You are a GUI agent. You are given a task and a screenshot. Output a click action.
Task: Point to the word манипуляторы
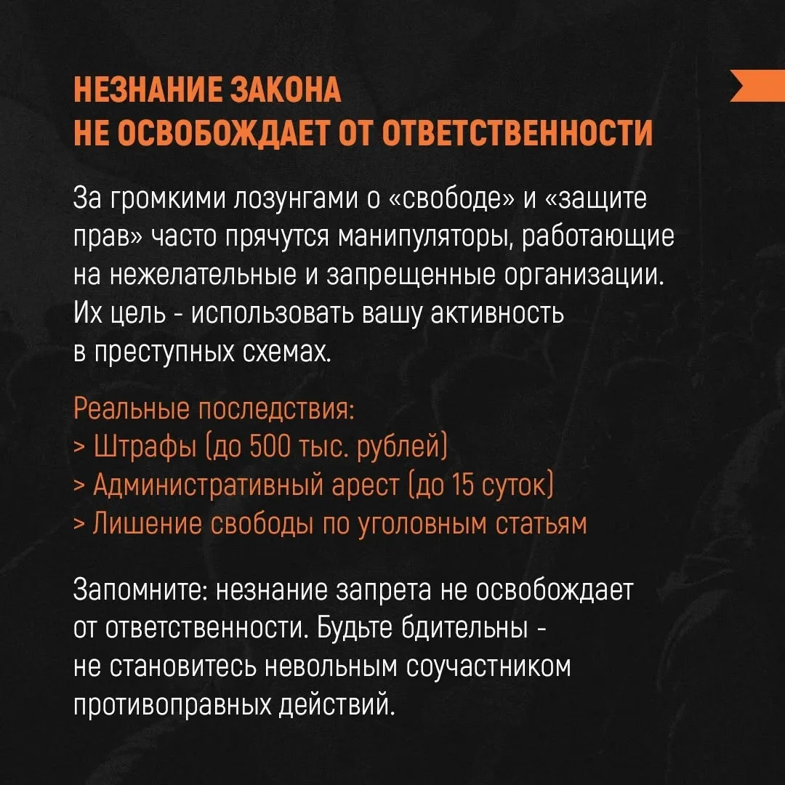click(x=425, y=238)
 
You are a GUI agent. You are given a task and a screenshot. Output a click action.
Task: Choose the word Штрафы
click(x=145, y=446)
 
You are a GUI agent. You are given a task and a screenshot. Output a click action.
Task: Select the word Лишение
click(x=147, y=523)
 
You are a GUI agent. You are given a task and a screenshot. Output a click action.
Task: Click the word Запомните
click(x=141, y=591)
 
